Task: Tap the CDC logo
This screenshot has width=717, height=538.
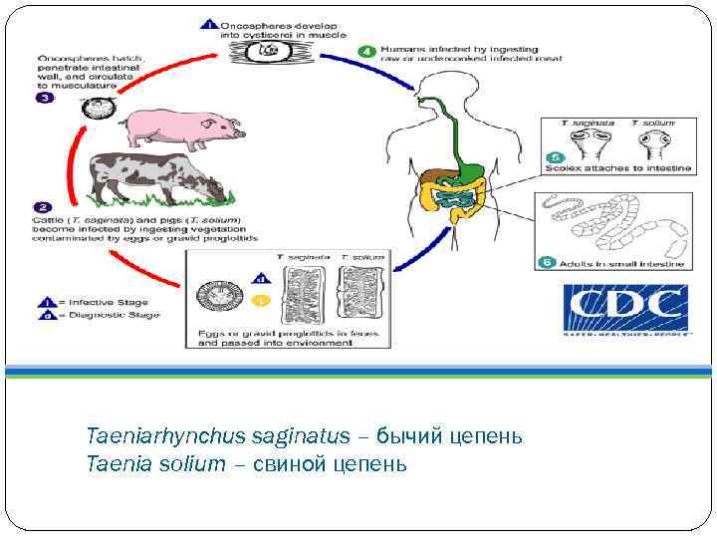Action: pos(624,309)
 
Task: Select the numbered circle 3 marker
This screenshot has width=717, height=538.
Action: pos(45,98)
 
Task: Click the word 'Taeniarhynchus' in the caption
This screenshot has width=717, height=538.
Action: pos(147,436)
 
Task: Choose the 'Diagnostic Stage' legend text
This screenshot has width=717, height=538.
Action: pos(107,315)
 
